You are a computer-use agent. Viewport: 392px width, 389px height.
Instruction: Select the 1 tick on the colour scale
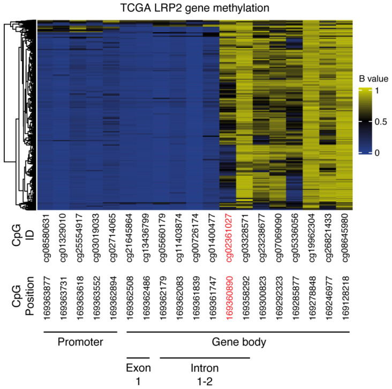click(x=378, y=91)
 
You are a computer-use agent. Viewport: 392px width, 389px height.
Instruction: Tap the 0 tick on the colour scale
click(x=378, y=153)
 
